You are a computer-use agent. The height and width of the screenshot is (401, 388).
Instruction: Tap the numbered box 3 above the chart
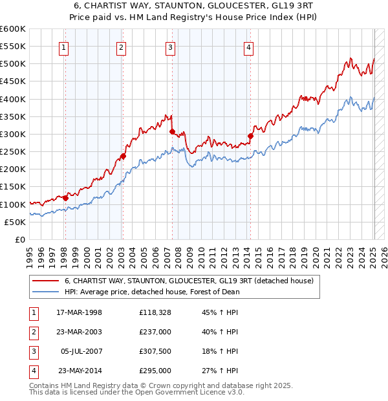pos(170,46)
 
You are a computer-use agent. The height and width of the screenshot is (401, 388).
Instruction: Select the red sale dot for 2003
pos(122,156)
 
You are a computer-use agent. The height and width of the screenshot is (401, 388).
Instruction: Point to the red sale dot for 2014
pos(250,136)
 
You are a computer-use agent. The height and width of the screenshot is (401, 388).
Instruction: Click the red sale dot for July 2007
pos(172,131)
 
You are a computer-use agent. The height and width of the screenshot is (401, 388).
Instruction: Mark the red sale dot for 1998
pos(65,198)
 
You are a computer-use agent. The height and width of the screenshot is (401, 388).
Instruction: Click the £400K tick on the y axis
pos(13,99)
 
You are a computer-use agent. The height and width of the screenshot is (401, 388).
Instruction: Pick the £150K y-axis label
pos(13,187)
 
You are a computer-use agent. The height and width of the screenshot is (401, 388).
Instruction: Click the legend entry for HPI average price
pos(153,292)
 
